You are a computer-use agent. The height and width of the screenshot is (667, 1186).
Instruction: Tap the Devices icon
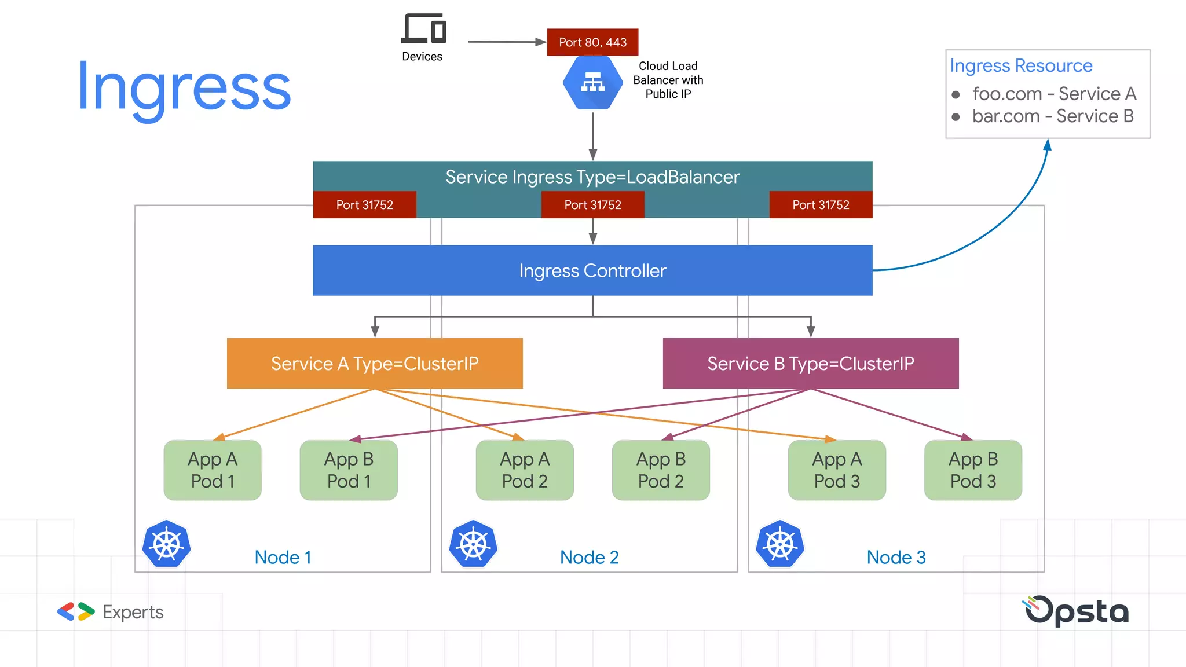pos(423,29)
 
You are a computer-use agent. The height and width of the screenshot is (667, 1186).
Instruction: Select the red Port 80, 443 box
pos(592,42)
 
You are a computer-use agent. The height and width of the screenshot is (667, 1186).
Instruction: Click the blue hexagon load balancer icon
pos(592,82)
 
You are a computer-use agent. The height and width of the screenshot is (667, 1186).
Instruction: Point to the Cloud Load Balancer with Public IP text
pos(668,80)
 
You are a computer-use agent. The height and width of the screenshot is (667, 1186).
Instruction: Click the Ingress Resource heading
pos(1021,65)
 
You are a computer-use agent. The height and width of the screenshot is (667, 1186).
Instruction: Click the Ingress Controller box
pos(592,270)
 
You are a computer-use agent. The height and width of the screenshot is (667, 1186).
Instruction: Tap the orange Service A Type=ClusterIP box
pos(375,363)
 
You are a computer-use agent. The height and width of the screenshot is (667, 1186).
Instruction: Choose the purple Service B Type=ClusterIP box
pos(810,363)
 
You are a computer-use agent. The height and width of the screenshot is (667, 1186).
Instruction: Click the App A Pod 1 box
pos(213,470)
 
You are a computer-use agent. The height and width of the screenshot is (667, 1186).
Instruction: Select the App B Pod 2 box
pos(661,470)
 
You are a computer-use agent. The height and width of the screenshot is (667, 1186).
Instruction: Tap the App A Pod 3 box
pos(837,470)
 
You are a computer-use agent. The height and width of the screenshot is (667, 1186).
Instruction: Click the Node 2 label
pos(589,557)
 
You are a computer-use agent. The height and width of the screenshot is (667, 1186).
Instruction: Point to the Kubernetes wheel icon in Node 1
pos(167,544)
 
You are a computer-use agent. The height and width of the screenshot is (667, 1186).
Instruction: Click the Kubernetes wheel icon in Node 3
pos(780,544)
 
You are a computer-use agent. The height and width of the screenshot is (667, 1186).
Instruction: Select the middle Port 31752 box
pos(592,205)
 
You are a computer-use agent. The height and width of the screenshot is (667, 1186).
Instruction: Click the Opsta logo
pos(1077,611)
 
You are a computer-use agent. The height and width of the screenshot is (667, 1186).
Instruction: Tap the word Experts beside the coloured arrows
pos(133,612)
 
